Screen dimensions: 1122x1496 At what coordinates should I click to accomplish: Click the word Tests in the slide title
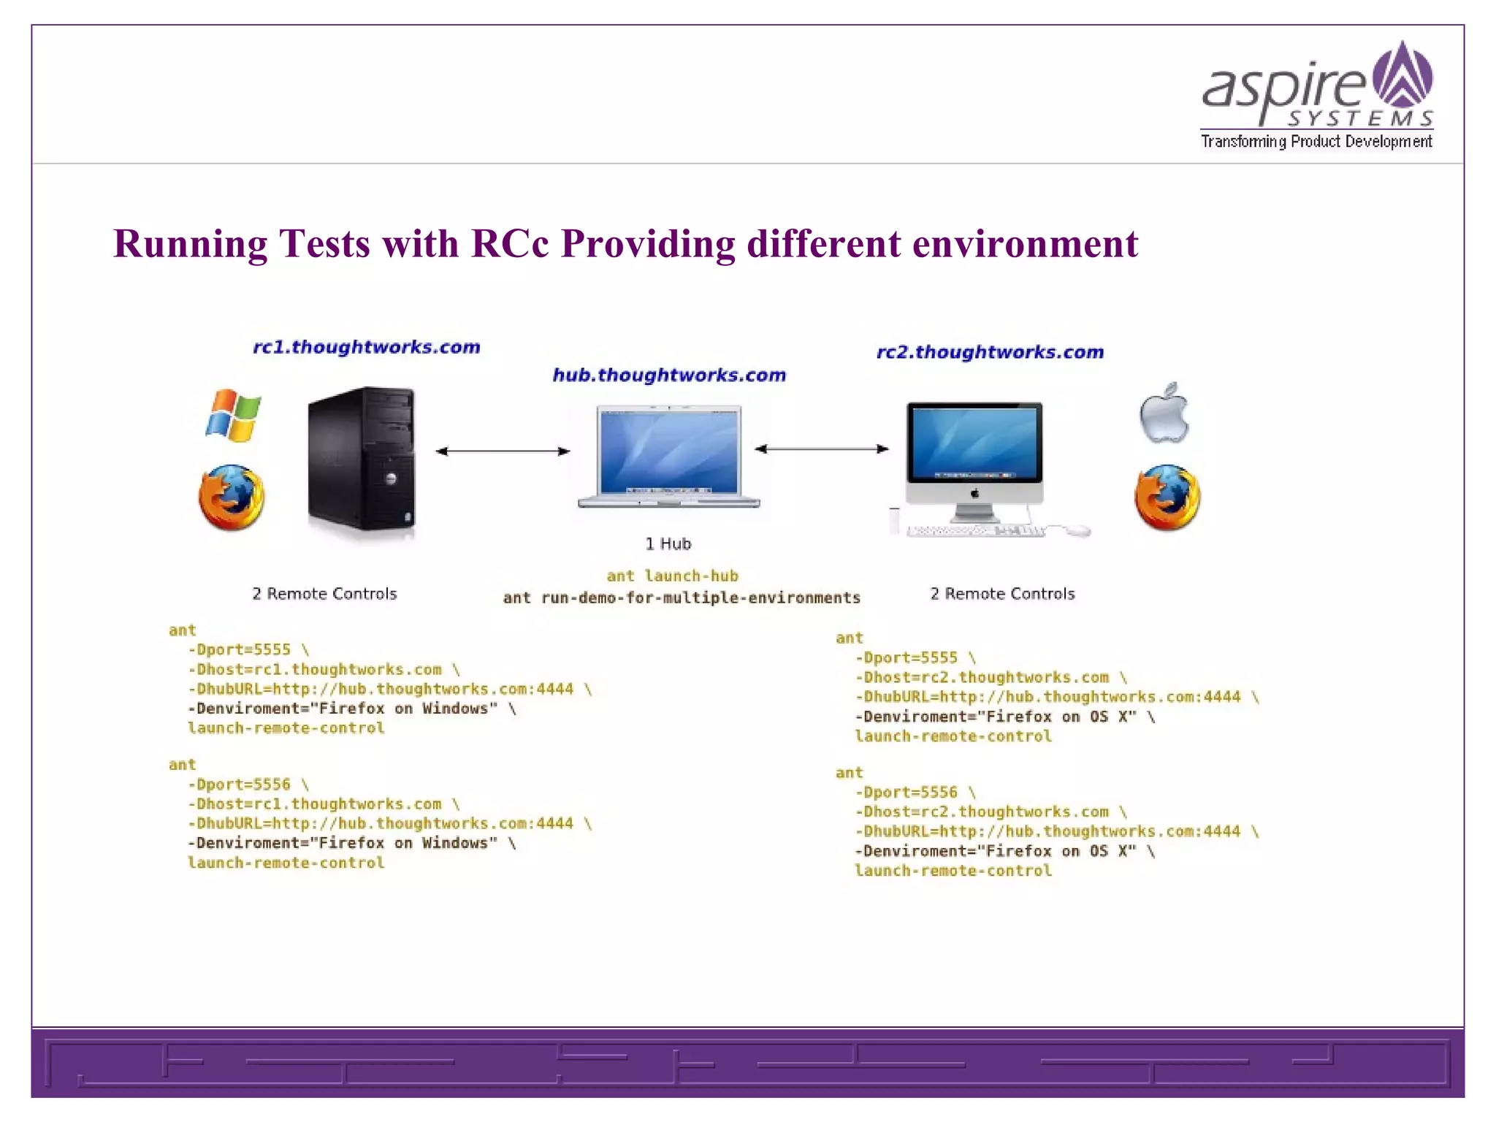[x=324, y=243]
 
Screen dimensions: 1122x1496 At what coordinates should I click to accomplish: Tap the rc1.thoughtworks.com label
[x=367, y=347]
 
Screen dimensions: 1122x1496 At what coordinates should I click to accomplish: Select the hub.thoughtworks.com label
[x=669, y=375]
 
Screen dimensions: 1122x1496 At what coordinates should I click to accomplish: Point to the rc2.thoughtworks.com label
[x=990, y=352]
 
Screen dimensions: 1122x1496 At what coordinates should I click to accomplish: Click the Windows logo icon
[x=233, y=415]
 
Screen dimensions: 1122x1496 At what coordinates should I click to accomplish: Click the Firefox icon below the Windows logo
[x=232, y=497]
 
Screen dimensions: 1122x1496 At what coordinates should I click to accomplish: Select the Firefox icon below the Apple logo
[x=1167, y=497]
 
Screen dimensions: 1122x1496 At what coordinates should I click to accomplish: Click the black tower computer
[x=362, y=459]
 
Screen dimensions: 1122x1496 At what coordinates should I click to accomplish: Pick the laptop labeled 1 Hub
[x=668, y=456]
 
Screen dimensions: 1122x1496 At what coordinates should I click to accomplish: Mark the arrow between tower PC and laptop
[x=503, y=451]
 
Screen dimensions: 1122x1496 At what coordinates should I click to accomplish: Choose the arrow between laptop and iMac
[x=821, y=449]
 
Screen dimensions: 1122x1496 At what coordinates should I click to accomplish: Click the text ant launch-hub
[x=672, y=576]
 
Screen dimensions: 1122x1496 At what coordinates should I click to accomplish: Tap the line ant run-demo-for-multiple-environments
[x=682, y=598]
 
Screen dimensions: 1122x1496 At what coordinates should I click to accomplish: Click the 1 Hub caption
[x=668, y=543]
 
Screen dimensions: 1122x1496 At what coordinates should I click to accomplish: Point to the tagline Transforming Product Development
[x=1316, y=142]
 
